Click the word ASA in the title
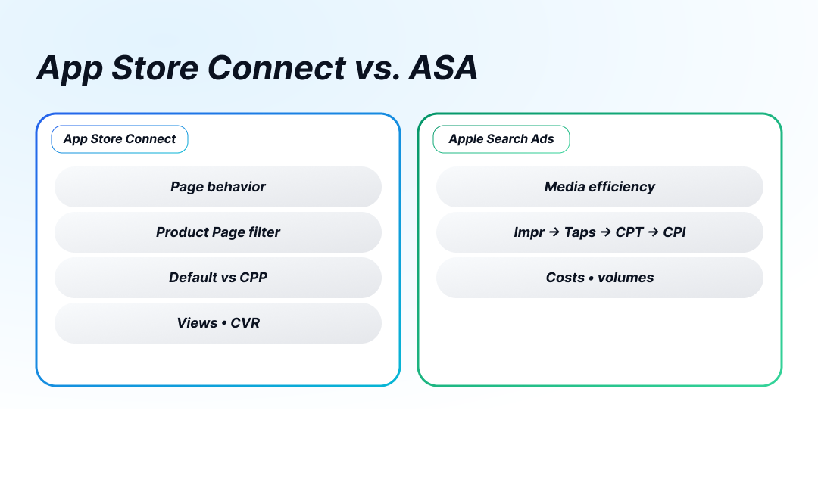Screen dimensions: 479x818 [x=443, y=68]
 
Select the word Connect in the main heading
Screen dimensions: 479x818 [x=276, y=68]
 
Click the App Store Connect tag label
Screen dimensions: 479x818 [x=120, y=139]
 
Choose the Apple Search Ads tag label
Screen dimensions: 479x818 [x=501, y=139]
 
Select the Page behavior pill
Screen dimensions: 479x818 [x=218, y=187]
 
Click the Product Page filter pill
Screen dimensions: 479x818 [x=218, y=232]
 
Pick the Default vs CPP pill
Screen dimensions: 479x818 [x=218, y=278]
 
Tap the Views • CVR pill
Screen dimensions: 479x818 [x=218, y=323]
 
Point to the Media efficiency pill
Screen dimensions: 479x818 [x=600, y=187]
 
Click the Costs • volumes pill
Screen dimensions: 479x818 [x=600, y=278]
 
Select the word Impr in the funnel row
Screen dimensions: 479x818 [x=529, y=232]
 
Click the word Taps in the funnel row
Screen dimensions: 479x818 [x=580, y=232]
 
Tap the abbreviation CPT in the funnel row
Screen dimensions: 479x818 [x=629, y=232]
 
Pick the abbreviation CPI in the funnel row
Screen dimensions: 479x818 [x=674, y=232]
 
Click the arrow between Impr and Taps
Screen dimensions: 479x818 [x=554, y=232]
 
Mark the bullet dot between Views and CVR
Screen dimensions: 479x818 [x=224, y=323]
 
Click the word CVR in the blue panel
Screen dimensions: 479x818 [x=245, y=323]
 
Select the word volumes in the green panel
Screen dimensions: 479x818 [x=626, y=278]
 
